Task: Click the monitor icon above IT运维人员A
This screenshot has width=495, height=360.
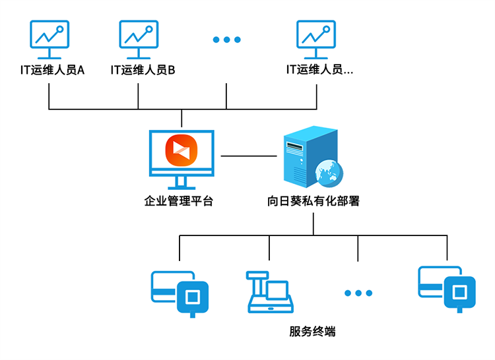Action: pos(49,40)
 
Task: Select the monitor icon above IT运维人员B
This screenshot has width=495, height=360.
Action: pos(139,40)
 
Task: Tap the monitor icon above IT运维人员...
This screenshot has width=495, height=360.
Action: pos(316,40)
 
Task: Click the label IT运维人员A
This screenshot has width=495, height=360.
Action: pos(52,70)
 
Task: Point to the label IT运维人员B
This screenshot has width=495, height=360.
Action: pos(143,70)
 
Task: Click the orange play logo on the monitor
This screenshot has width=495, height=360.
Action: pos(181,150)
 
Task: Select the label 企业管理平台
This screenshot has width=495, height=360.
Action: pos(179,201)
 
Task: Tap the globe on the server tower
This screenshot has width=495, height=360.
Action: pos(329,173)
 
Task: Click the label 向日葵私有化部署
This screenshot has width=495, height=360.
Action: pos(313,201)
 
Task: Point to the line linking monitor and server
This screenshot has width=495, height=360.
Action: pos(249,156)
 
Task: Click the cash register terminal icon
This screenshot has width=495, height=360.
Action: pos(270,292)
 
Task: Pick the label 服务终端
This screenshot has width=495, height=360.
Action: pos(313,331)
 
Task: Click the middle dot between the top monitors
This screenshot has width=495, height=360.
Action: pos(226,40)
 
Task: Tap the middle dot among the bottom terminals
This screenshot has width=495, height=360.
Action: pos(358,293)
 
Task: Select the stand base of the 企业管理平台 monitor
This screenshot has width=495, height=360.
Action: pos(181,187)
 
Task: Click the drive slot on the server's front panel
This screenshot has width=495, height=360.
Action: pos(294,146)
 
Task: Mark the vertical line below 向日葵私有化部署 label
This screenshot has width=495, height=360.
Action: pos(313,224)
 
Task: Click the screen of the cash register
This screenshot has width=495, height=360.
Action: pos(277,289)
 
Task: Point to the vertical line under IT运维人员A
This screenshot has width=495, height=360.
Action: pos(49,96)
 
